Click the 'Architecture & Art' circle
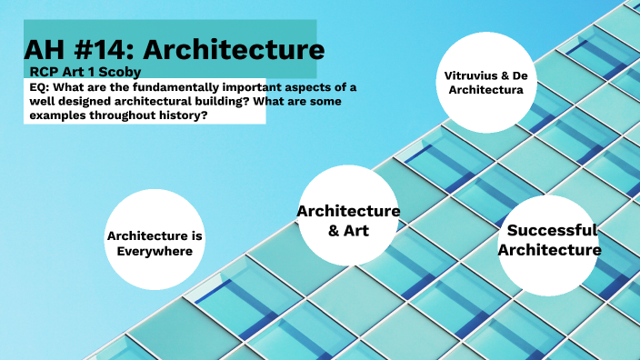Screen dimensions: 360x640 [348, 219]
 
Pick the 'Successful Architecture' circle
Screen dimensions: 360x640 [552, 240]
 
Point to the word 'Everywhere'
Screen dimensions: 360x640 [155, 252]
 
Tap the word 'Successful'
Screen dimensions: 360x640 [552, 230]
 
